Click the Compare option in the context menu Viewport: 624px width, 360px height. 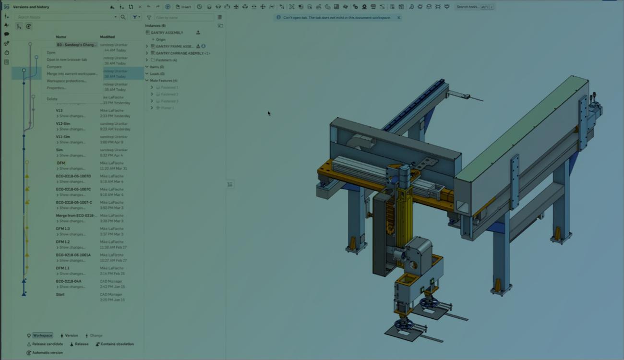(x=54, y=67)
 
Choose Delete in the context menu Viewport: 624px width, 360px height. (x=52, y=99)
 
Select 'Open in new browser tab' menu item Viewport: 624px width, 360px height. (x=67, y=60)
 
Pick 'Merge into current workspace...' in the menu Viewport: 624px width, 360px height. (x=72, y=74)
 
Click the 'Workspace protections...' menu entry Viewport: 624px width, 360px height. (x=66, y=81)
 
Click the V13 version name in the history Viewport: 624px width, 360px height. (x=59, y=110)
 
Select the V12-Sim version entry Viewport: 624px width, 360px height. (x=63, y=123)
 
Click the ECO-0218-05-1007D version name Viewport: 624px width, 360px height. (x=73, y=176)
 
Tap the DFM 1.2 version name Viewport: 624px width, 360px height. (x=63, y=242)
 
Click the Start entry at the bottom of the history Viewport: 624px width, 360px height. (x=60, y=294)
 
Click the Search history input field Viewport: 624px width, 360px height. (x=65, y=17)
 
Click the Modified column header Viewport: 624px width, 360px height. (x=107, y=37)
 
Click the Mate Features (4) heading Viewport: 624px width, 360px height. (x=164, y=81)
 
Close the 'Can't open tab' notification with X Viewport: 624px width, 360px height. (x=398, y=18)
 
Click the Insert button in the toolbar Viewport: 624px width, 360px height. (x=183, y=7)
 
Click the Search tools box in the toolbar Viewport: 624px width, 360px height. (x=474, y=7)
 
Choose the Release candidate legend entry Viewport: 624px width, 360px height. (x=47, y=344)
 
